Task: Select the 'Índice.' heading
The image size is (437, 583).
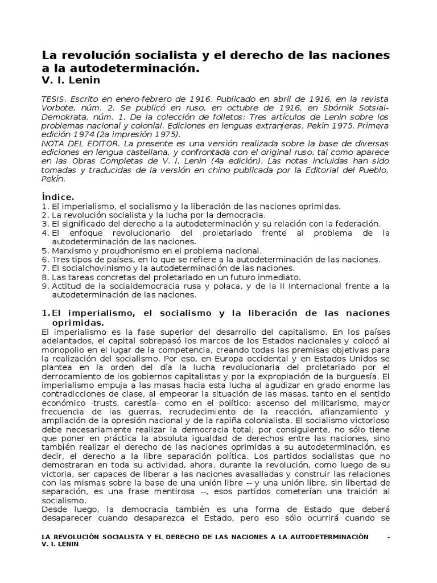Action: coord(59,197)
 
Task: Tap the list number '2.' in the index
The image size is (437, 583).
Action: coord(46,215)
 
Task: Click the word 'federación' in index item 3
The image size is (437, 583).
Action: coord(359,224)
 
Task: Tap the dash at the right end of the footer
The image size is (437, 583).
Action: coord(389,537)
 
